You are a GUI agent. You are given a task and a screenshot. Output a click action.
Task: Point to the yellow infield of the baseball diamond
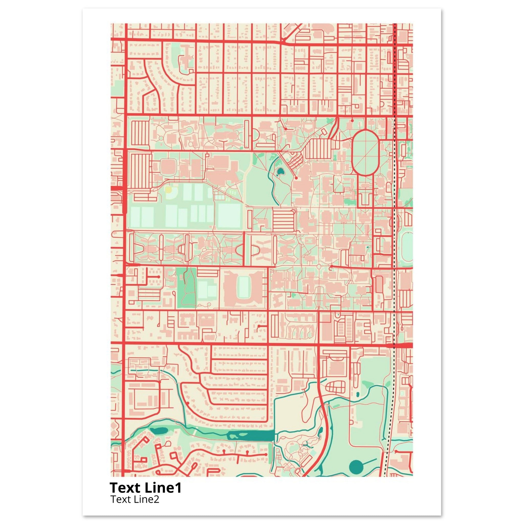[169, 189]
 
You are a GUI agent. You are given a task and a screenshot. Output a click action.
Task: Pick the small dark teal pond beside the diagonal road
[280, 171]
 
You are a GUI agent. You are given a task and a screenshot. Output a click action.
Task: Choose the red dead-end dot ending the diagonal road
[297, 178]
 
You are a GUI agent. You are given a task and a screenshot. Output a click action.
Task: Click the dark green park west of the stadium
[187, 288]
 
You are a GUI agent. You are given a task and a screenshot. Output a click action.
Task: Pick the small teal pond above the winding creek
[357, 394]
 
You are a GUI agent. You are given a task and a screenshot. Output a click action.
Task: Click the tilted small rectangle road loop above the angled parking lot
[323, 132]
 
